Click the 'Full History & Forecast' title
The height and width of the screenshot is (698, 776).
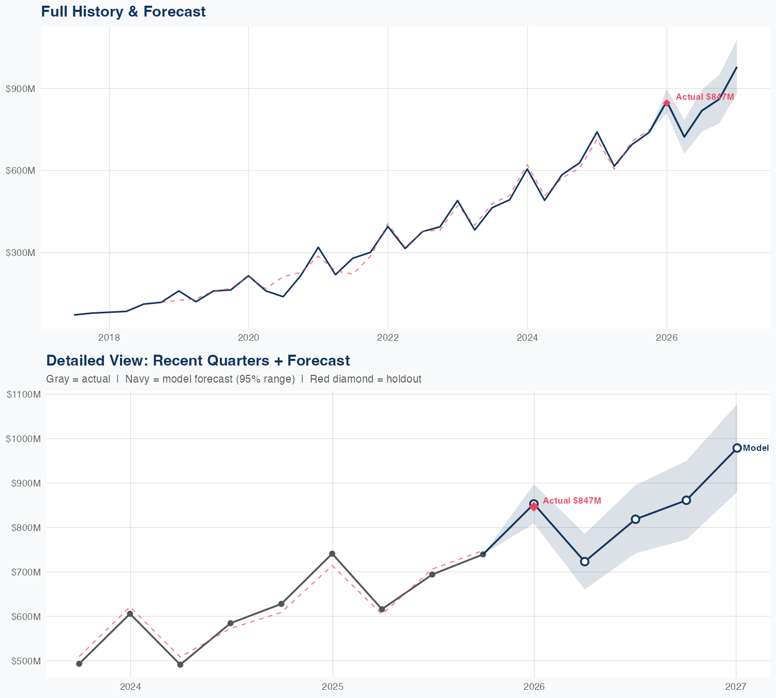pos(123,11)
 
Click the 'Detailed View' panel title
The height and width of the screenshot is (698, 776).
pos(198,360)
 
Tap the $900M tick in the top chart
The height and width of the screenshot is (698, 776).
pos(20,89)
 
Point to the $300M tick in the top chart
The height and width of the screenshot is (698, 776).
pos(20,253)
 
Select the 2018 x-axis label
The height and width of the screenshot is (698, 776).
pos(109,338)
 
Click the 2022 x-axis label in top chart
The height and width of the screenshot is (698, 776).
pos(388,338)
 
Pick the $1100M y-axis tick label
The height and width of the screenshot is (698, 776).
pos(23,394)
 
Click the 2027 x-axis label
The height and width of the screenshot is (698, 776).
pos(736,687)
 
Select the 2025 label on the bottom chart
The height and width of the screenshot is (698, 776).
pos(332,687)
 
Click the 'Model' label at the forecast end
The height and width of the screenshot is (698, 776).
pos(756,448)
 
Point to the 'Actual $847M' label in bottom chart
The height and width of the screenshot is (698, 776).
pos(572,500)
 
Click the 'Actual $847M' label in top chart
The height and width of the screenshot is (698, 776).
pos(705,97)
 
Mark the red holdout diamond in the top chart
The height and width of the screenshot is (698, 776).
pos(667,103)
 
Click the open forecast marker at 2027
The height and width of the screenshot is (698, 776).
pos(737,448)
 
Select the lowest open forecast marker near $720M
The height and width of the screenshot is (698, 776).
pos(585,562)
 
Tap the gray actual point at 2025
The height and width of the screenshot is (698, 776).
pos(332,554)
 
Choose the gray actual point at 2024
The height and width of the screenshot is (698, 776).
pos(130,614)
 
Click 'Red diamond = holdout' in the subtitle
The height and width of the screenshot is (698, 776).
pos(365,379)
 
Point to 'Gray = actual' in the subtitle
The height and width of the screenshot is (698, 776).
pos(78,379)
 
